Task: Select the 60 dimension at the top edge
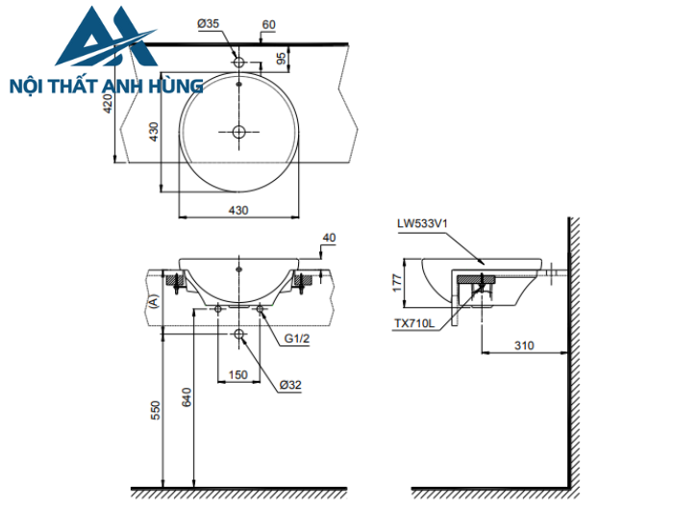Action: coord(268,23)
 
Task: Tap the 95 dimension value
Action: coord(280,59)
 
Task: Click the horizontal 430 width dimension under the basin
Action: coord(237,209)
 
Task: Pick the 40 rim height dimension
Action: coord(329,237)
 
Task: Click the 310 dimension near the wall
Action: coord(524,344)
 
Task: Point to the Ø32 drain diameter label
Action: coord(291,385)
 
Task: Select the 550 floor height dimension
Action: coord(155,410)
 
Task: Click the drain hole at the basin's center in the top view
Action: coord(238,131)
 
